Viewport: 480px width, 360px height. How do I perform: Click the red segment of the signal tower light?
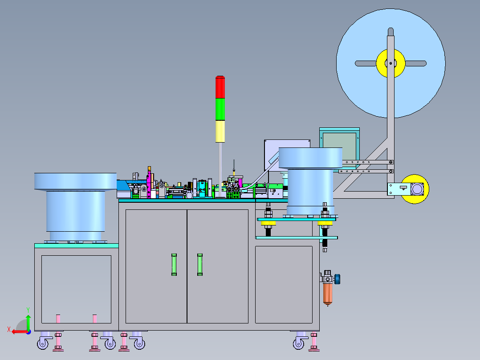tap(220, 87)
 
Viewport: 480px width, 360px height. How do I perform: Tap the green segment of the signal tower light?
tap(220, 109)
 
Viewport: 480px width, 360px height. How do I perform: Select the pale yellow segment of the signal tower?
tap(220, 131)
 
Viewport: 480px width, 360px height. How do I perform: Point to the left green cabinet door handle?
tap(174, 265)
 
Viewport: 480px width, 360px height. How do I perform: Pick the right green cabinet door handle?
tap(200, 265)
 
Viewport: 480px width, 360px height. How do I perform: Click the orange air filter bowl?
tap(328, 294)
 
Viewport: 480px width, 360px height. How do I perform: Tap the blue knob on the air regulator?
tap(337, 279)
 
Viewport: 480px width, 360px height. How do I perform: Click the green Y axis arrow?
tap(28, 322)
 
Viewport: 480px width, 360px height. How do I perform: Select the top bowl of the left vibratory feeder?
tap(75, 182)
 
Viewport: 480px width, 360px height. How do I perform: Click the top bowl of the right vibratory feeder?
tap(310, 158)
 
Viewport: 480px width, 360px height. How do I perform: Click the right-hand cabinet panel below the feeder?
tap(284, 285)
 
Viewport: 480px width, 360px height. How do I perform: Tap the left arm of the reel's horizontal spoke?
tap(366, 63)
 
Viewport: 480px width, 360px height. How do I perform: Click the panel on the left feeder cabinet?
tap(76, 289)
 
